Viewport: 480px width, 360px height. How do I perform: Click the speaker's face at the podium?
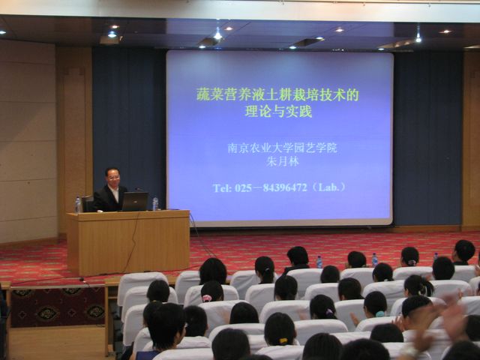pos(112,178)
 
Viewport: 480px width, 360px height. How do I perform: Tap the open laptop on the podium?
pos(135,202)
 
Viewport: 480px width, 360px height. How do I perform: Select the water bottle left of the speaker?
pos(78,205)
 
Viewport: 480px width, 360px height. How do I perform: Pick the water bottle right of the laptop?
pos(155,203)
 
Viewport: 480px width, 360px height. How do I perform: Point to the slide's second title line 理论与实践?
pos(278,112)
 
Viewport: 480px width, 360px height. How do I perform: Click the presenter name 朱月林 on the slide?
pos(282,161)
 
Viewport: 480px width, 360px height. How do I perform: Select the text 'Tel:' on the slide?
pos(222,188)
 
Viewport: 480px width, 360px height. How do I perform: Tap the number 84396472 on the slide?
pos(285,187)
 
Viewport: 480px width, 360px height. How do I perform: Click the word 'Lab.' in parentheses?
pos(329,187)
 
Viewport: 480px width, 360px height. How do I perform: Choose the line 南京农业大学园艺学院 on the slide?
pos(282,148)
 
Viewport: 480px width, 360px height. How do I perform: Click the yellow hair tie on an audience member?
pos(283,340)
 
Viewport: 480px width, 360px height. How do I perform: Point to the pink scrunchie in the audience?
pos(207,298)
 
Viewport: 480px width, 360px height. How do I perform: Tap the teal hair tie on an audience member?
pos(380,313)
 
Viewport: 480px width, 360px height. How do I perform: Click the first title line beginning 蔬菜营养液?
pos(277,94)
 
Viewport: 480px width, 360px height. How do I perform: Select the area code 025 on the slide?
pos(243,188)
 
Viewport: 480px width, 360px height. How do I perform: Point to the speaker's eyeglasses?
pos(113,177)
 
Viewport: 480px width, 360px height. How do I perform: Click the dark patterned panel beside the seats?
pos(58,307)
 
